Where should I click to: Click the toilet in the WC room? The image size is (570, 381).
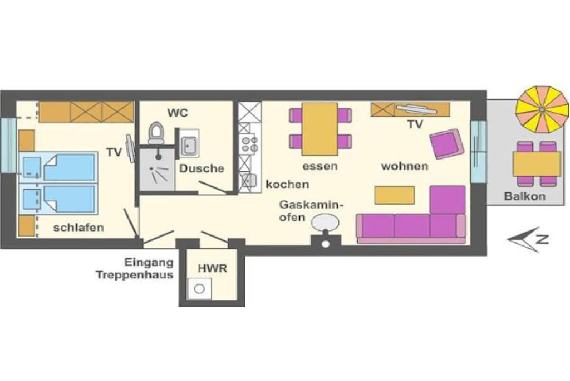tap(156, 133)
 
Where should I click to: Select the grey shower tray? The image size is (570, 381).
tap(157, 168)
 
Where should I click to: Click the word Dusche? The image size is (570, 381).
tap(202, 168)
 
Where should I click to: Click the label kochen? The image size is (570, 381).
tap(287, 184)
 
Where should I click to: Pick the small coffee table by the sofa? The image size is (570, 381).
tap(395, 195)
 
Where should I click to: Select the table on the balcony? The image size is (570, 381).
tap(537, 163)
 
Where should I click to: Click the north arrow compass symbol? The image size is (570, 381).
tap(527, 239)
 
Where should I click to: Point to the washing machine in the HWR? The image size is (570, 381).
tap(199, 288)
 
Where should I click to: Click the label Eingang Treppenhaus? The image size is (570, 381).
tap(135, 268)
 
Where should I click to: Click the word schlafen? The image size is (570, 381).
tap(78, 228)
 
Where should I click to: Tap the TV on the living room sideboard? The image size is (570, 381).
tap(415, 109)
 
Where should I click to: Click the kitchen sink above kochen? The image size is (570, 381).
tap(249, 181)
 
